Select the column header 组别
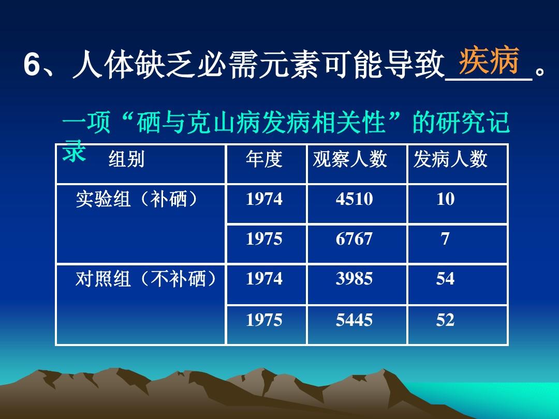pyautogui.click(x=126, y=160)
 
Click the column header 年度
pyautogui.click(x=264, y=160)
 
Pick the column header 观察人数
pyautogui.click(x=350, y=160)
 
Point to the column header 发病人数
pyautogui.click(x=450, y=160)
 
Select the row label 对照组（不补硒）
pyautogui.click(x=145, y=280)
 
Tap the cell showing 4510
pyautogui.click(x=354, y=200)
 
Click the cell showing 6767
pyautogui.click(x=354, y=239)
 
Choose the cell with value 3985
pyautogui.click(x=354, y=279)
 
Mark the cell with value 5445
pyautogui.click(x=354, y=320)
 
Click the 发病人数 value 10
pyautogui.click(x=445, y=200)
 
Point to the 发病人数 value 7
pyautogui.click(x=445, y=239)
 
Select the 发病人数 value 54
pyautogui.click(x=445, y=279)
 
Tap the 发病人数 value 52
pyautogui.click(x=445, y=320)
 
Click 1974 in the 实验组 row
pyautogui.click(x=264, y=200)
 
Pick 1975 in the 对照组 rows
pyautogui.click(x=264, y=320)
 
